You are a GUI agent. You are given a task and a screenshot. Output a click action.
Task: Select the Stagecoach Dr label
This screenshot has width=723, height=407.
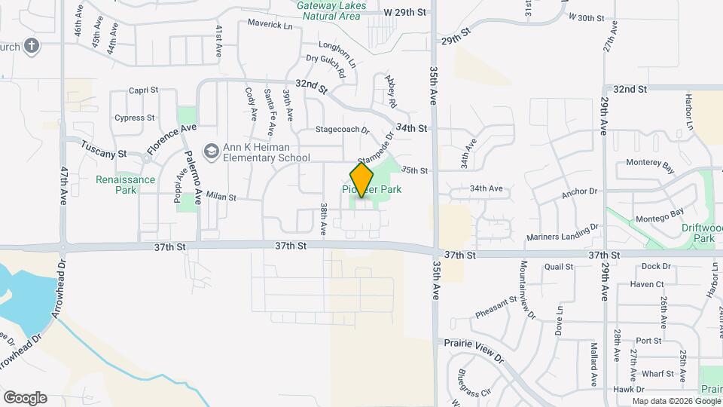(x=343, y=130)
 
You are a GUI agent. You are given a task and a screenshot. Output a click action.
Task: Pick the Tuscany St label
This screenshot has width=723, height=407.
(x=104, y=148)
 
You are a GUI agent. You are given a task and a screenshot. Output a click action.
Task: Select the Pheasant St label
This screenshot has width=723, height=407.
(x=496, y=305)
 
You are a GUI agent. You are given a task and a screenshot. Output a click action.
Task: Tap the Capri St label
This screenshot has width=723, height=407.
(x=142, y=90)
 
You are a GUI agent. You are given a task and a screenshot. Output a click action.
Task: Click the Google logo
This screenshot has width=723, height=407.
(x=25, y=398)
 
